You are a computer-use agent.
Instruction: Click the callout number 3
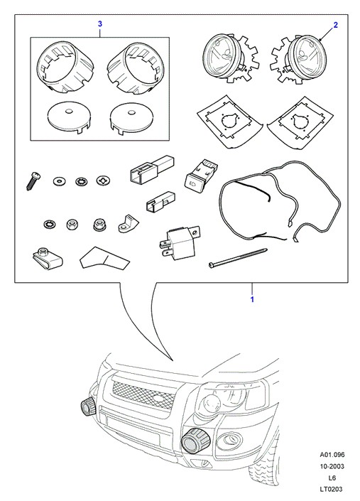pos(100,23)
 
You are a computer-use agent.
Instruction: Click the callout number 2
pos(335,25)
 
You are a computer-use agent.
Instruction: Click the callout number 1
pos(252,299)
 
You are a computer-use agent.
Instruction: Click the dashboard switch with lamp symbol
pos(200,174)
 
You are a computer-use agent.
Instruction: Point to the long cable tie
pos(238,257)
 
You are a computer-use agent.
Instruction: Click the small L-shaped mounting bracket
pos(129,224)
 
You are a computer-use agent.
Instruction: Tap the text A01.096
pos(332,455)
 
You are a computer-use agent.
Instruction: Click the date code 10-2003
pos(332,466)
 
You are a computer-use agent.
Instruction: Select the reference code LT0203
pos(332,489)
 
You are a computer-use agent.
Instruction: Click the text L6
pos(332,478)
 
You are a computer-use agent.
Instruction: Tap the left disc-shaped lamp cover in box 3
pos(69,117)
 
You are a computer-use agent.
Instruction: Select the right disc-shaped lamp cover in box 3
pos(131,118)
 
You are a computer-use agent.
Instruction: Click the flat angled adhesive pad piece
pos(104,258)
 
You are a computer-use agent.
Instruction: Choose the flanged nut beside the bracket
pos(99,225)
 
